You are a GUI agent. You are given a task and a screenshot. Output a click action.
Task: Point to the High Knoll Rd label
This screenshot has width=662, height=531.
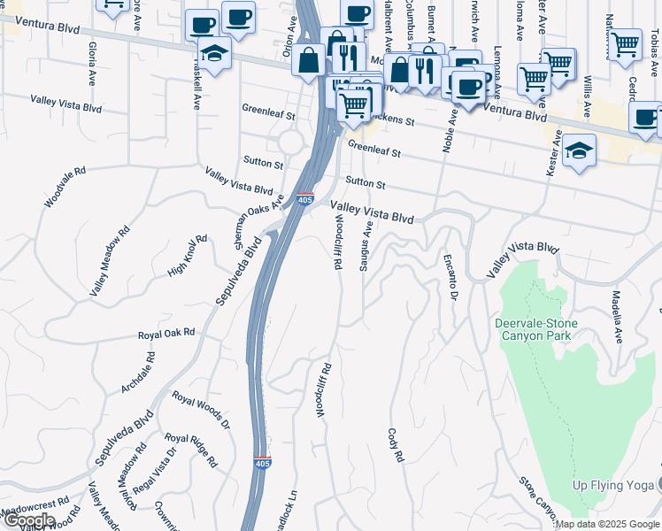187,257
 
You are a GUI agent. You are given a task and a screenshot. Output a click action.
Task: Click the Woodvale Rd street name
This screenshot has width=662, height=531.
65,187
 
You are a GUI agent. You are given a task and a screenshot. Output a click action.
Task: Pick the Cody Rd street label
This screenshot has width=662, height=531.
396,446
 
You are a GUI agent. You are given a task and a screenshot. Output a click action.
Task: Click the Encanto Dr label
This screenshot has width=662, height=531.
451,276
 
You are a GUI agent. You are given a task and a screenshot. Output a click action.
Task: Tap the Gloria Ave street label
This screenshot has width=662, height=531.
91,60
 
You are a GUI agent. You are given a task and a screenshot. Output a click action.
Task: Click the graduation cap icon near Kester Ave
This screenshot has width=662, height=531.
579,152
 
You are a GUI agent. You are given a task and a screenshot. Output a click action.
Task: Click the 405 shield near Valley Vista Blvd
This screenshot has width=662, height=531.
305,200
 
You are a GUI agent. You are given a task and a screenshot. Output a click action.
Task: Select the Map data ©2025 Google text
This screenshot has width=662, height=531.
607,524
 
